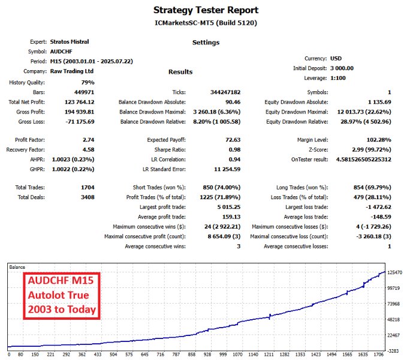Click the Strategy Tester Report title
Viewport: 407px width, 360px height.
(206, 10)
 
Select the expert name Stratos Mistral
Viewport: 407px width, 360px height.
(71, 42)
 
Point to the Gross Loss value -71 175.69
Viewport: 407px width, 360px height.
(80, 122)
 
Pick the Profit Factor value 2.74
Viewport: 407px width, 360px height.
(88, 139)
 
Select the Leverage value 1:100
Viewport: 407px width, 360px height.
(339, 78)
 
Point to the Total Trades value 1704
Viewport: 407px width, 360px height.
(87, 187)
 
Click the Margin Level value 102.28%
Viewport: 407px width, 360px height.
(378, 139)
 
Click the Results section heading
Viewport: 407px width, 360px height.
(180, 72)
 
